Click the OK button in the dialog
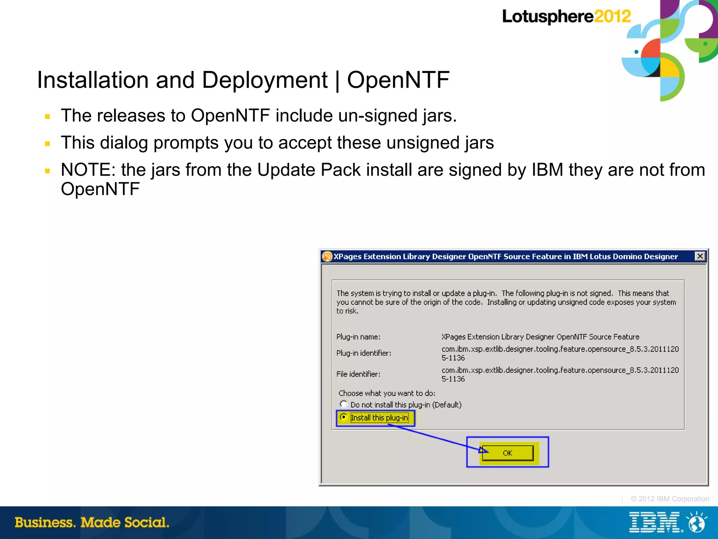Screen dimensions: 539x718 [x=507, y=453]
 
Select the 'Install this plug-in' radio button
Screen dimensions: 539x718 [x=344, y=417]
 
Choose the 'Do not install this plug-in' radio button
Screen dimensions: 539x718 [x=344, y=404]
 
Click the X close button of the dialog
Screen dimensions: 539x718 [x=700, y=256]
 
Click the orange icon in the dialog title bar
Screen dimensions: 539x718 [x=327, y=257]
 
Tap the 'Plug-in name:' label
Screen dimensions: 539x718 [x=358, y=337]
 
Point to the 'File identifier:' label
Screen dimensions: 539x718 [x=358, y=374]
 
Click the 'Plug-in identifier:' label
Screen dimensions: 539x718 [x=364, y=353]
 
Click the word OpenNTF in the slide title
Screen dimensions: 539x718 [x=398, y=80]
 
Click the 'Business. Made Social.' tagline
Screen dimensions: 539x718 [x=92, y=523]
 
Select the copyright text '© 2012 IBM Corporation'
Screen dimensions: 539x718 [x=670, y=499]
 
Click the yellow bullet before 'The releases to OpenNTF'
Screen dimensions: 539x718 [x=48, y=116]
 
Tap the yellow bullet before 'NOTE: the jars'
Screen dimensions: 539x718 [x=48, y=171]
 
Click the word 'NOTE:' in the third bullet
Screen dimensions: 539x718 [x=88, y=170]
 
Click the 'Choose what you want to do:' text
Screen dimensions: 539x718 [x=387, y=393]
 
